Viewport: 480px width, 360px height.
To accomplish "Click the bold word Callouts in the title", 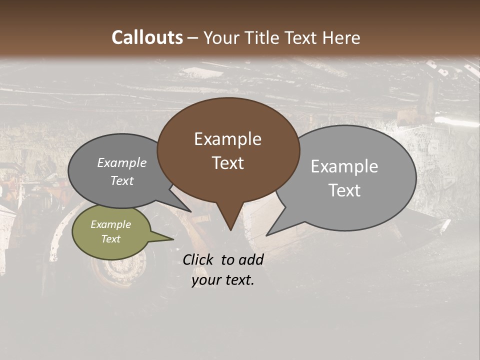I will [x=147, y=37].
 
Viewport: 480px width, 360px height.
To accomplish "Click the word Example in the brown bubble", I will [x=227, y=139].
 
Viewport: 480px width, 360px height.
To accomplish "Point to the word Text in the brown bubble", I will [x=227, y=163].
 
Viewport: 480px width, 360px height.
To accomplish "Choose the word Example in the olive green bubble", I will [x=110, y=224].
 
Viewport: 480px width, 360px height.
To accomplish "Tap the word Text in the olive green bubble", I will [x=110, y=239].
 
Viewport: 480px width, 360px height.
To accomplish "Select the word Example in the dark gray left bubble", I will [x=121, y=162].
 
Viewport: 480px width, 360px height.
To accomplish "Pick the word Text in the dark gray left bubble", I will [x=121, y=180].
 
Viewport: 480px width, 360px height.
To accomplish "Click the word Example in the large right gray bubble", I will [x=344, y=166].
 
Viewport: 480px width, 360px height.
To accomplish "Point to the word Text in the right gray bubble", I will [x=344, y=190].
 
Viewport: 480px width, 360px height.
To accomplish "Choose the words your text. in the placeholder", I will [x=222, y=280].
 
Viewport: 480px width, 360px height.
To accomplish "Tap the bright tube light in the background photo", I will [x=456, y=121].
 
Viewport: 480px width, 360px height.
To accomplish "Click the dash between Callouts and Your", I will [x=193, y=38].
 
